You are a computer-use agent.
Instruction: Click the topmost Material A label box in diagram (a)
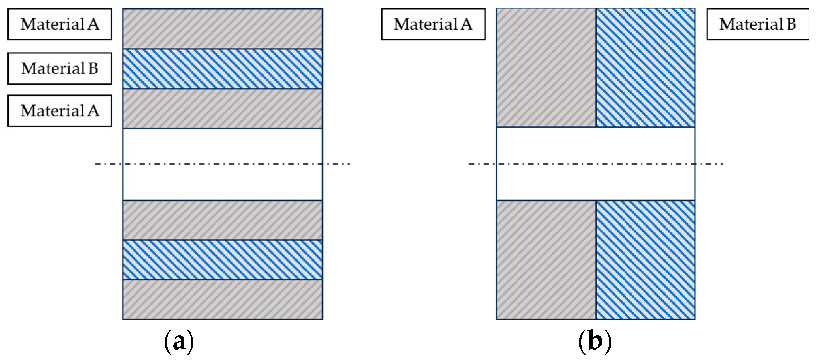[x=60, y=24]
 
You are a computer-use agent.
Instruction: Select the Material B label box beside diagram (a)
[x=60, y=68]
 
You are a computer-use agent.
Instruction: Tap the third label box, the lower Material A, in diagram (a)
[x=60, y=111]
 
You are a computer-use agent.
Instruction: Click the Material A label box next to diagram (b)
[x=433, y=24]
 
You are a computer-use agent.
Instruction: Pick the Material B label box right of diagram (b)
[x=757, y=24]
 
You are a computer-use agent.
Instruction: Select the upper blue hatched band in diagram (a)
[x=223, y=69]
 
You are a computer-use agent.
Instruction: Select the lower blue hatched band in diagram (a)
[x=223, y=260]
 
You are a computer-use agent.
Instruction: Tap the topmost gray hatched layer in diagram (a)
[x=223, y=29]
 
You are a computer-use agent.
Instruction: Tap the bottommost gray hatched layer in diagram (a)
[x=223, y=300]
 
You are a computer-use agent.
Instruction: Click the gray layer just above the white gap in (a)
[x=223, y=108]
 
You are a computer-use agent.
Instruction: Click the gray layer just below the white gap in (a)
[x=223, y=220]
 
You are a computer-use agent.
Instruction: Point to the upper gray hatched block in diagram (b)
[x=546, y=68]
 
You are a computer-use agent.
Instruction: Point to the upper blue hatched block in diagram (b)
[x=645, y=68]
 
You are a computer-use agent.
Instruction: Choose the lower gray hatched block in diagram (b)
[x=546, y=260]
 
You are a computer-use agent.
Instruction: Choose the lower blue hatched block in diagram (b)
[x=645, y=260]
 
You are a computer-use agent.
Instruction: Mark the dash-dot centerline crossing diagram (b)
[x=596, y=164]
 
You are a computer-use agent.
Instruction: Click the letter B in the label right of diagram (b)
[x=791, y=24]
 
